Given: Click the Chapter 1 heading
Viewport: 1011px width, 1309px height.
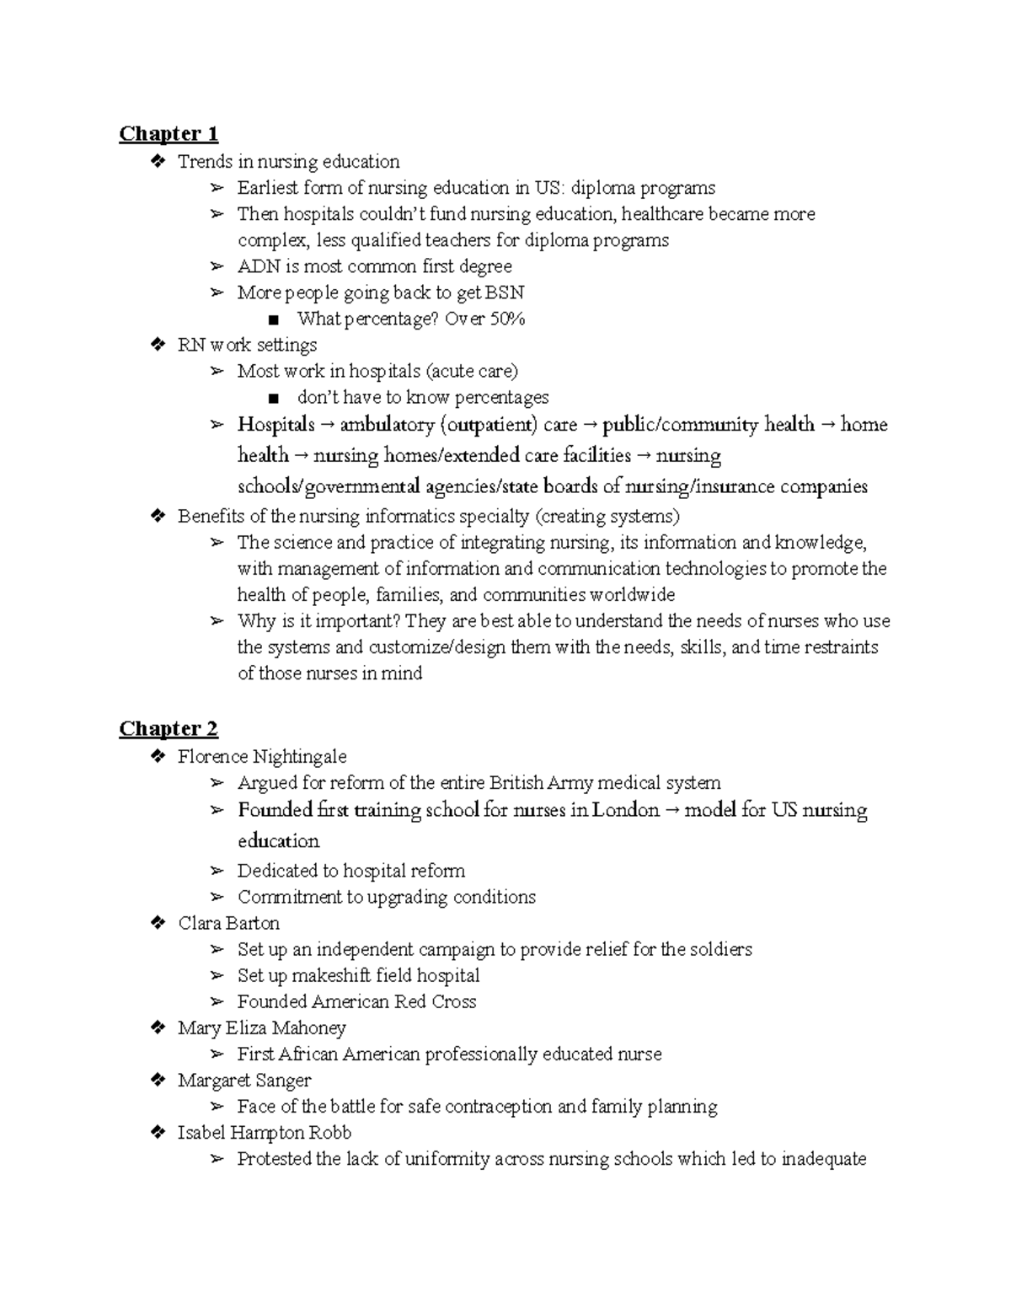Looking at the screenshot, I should [x=168, y=134].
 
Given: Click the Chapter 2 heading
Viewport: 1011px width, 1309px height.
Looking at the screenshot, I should [x=168, y=729].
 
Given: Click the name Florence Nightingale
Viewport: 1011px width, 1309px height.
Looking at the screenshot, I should [x=262, y=757].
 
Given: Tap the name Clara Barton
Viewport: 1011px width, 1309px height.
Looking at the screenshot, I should [x=228, y=923].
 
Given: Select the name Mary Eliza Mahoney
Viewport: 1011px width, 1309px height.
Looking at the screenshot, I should [x=261, y=1028].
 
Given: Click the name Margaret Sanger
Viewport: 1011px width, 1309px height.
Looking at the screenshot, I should [x=244, y=1081].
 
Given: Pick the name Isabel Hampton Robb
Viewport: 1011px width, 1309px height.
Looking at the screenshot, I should [x=264, y=1133].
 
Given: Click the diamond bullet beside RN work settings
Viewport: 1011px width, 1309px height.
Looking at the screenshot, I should [x=157, y=345].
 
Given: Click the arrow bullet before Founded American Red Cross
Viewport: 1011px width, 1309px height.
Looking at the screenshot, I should [x=217, y=1002].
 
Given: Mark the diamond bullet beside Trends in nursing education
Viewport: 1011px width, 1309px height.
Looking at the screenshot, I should [x=157, y=161].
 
